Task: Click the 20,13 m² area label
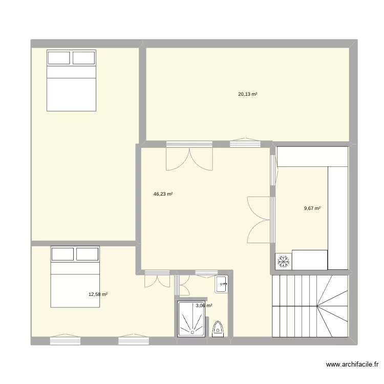pos(247,94)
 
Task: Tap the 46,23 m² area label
pos(163,194)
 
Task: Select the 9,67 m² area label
pos(312,208)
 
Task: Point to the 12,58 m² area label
pos(98,294)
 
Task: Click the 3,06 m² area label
pos(204,306)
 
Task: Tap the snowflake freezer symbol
pos(283,262)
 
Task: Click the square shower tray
pos(192,318)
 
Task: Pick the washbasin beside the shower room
pos(221,284)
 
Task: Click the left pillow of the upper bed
pos(59,58)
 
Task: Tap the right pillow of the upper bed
pos(84,58)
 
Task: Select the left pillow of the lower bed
pos(62,254)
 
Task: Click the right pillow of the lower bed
pos(87,254)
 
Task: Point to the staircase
pos(310,306)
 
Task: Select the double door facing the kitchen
pos(260,219)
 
